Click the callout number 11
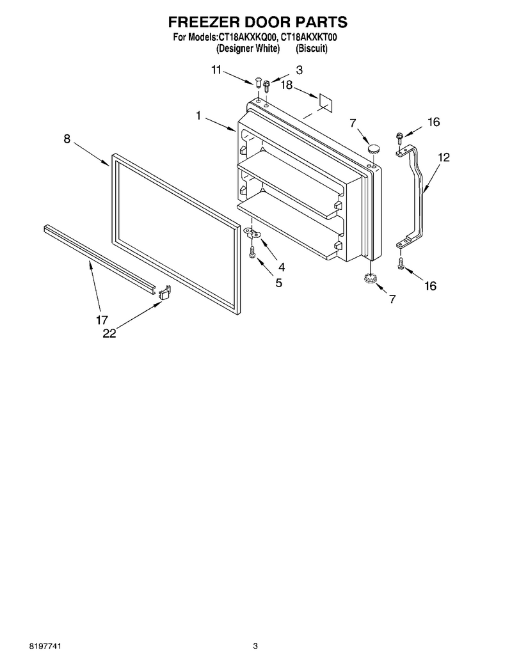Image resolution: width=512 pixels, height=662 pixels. tap(216, 70)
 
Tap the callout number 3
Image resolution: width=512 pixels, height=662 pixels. tap(299, 70)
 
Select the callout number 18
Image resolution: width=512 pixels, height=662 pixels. tap(287, 85)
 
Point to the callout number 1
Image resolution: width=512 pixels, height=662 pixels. tap(198, 116)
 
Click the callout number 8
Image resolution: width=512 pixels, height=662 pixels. tap(67, 139)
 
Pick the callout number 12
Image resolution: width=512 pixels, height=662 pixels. tap(444, 157)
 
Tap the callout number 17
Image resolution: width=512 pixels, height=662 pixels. tap(102, 320)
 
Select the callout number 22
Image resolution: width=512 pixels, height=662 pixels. tap(109, 333)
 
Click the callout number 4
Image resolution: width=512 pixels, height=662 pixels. tap(282, 267)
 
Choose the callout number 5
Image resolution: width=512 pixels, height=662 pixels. tap(279, 283)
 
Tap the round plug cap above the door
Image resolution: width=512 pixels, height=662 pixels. tap(372, 148)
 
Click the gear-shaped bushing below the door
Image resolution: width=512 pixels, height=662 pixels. tap(371, 279)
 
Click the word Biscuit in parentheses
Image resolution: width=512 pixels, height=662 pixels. tap(312, 49)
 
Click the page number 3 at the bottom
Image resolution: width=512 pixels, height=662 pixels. tap(255, 645)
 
